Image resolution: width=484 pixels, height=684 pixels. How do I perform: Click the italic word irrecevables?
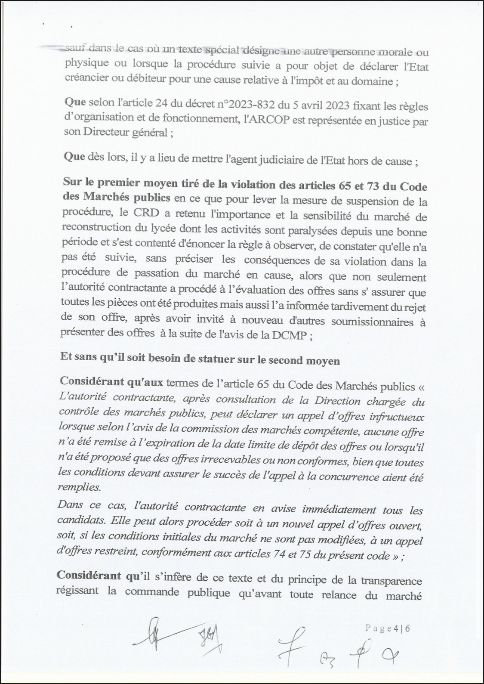point(228,460)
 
